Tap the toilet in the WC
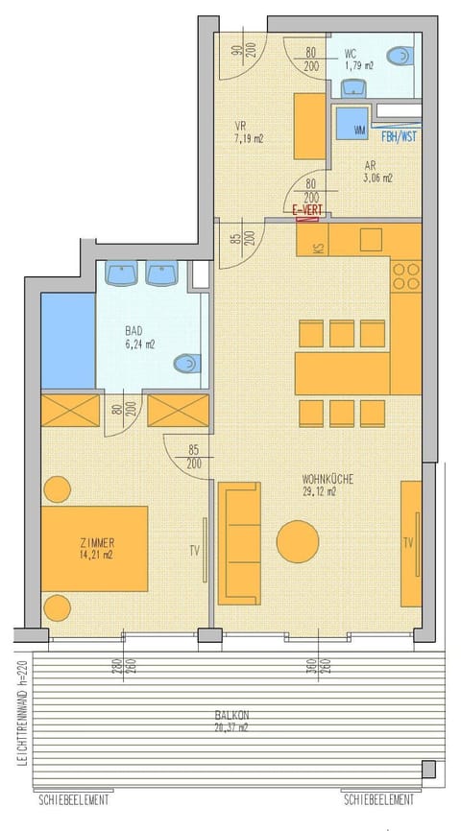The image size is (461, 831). tap(400, 55)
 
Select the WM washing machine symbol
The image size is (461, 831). tap(359, 129)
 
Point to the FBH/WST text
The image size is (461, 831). tap(398, 136)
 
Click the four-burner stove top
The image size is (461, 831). tap(406, 276)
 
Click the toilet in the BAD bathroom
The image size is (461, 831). tap(185, 364)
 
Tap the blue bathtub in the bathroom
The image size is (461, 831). tap(68, 341)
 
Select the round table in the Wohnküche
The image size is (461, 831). tap(298, 542)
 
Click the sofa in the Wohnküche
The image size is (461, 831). tap(239, 543)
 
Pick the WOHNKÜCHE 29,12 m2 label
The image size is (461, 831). tap(319, 485)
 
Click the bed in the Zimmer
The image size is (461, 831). tap(94, 548)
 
